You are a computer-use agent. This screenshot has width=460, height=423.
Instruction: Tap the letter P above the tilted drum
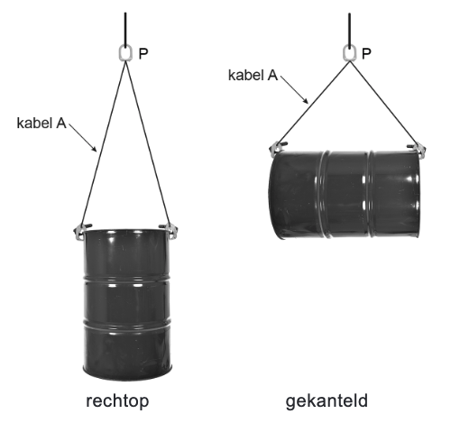pyautogui.click(x=366, y=54)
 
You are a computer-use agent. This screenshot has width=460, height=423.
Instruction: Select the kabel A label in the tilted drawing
pyautogui.click(x=253, y=76)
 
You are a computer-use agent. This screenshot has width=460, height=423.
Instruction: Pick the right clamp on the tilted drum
pyautogui.click(x=415, y=144)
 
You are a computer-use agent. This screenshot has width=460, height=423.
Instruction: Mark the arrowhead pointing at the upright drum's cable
pyautogui.click(x=95, y=147)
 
